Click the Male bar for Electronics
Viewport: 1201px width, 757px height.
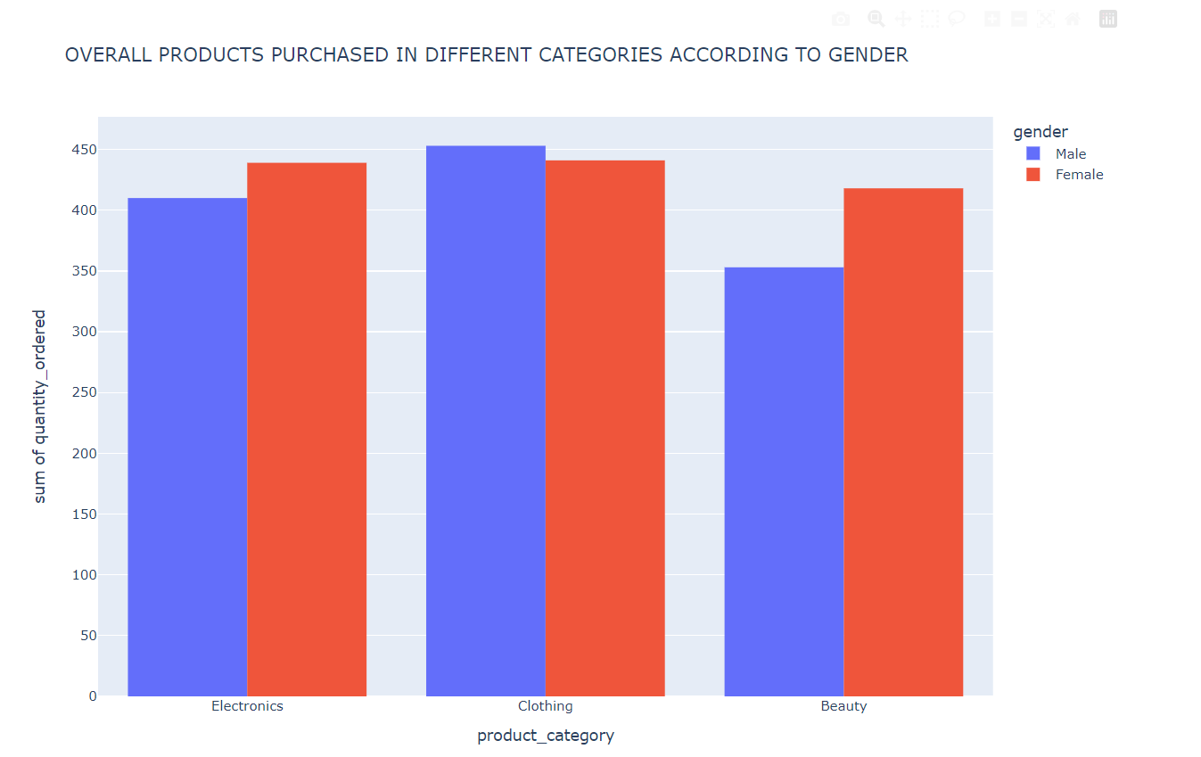(x=187, y=446)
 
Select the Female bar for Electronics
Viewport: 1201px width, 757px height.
(x=307, y=429)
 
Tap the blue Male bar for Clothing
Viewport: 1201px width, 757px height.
(x=485, y=420)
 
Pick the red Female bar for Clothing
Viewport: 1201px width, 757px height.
(x=605, y=428)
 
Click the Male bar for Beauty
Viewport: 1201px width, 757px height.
(x=784, y=481)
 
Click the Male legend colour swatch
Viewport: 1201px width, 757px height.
(x=1033, y=154)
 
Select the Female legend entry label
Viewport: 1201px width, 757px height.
(x=1079, y=175)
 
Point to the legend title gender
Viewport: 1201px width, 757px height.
(x=1041, y=132)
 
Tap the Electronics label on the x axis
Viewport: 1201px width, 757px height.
(x=247, y=706)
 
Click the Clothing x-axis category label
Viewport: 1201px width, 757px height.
(x=545, y=706)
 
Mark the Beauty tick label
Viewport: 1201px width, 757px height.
(x=843, y=706)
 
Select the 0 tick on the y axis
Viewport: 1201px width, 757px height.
(x=92, y=696)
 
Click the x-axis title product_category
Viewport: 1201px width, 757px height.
(x=545, y=736)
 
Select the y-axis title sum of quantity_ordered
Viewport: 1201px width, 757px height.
(x=39, y=407)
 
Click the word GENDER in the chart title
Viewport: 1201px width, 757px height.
(x=868, y=55)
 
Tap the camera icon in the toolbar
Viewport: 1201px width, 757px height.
(x=840, y=19)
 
